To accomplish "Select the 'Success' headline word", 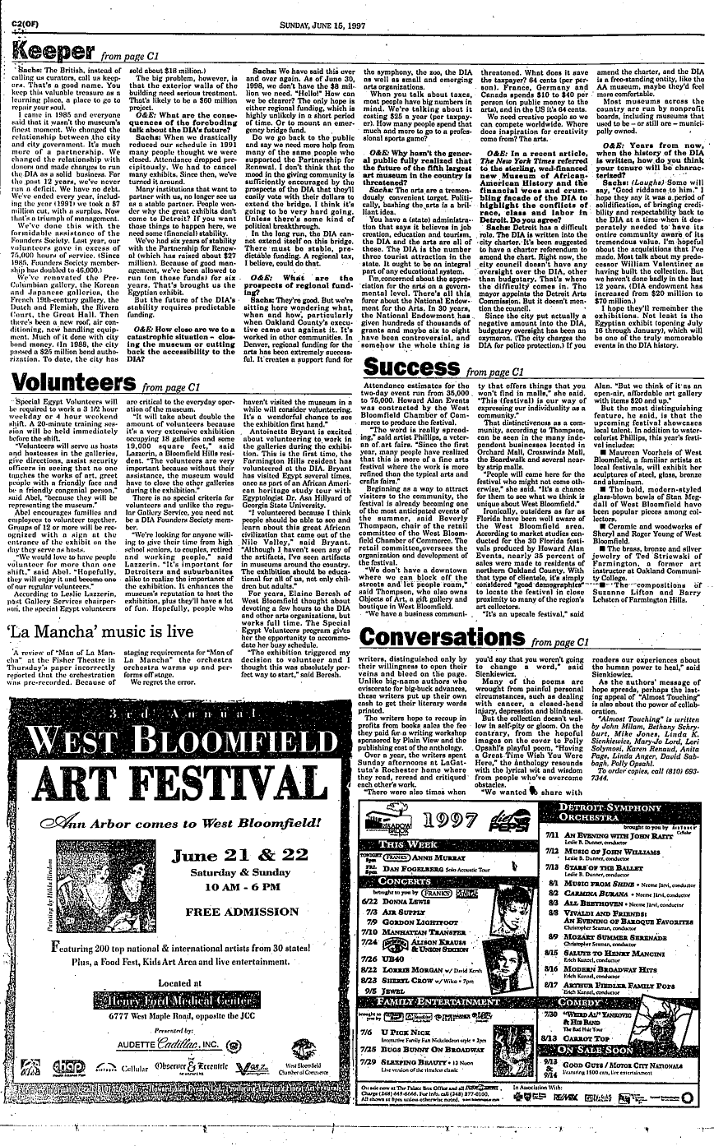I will tap(410, 366).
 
